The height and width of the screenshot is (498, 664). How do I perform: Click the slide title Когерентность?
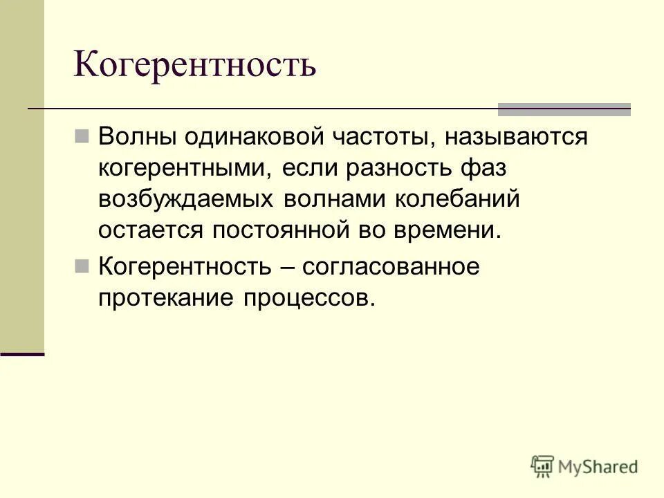(195, 64)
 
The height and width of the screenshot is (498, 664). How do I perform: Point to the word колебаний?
(458, 199)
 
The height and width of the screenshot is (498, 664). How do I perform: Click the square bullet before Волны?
(82, 135)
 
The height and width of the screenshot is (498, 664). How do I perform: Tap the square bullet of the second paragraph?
(82, 265)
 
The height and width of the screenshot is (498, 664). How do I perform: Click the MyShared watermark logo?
(584, 465)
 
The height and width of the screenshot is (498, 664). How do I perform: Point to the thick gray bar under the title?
(564, 109)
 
